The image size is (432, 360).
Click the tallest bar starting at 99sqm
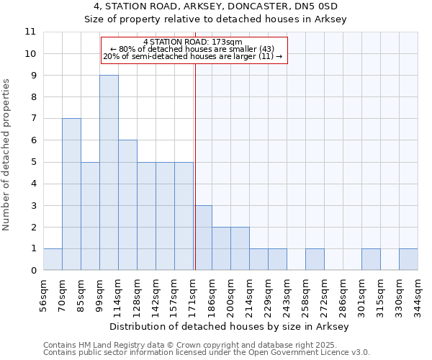click(x=109, y=173)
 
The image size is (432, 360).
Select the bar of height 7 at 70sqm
click(x=71, y=194)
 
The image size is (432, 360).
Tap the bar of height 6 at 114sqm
click(x=127, y=205)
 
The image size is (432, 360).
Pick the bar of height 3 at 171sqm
click(x=202, y=238)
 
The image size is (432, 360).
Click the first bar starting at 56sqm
click(x=53, y=259)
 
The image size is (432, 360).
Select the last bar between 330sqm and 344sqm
click(x=408, y=259)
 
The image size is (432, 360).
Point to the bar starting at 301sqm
click(x=371, y=259)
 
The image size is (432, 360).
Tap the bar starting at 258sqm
click(x=315, y=259)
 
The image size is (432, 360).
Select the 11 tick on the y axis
click(x=30, y=32)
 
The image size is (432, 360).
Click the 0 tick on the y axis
click(x=32, y=271)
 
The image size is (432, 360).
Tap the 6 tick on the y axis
click(x=32, y=140)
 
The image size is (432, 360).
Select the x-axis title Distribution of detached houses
click(x=230, y=326)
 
